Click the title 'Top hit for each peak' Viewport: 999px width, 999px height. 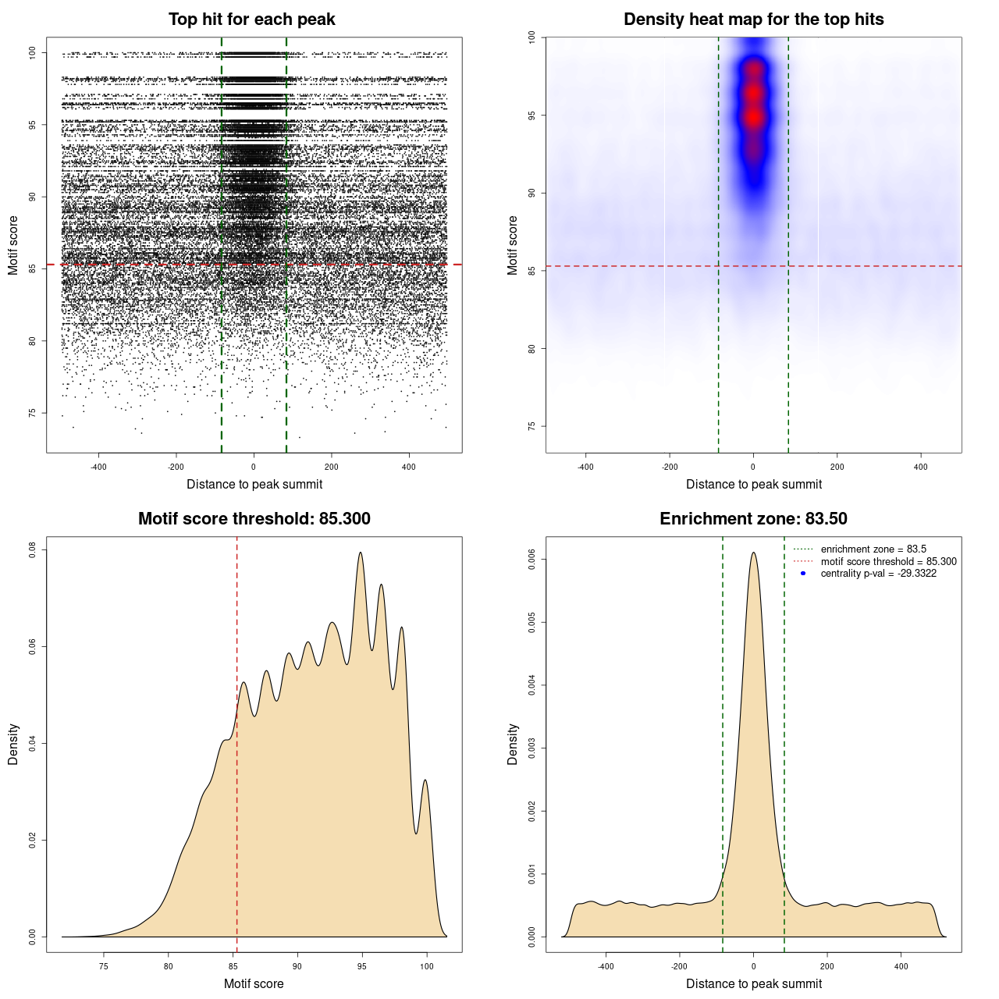pyautogui.click(x=251, y=20)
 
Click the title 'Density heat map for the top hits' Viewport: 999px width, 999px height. pyautogui.click(x=753, y=20)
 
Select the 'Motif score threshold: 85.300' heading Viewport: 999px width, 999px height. pyautogui.click(x=254, y=519)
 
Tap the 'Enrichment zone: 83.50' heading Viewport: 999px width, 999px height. pyautogui.click(x=753, y=519)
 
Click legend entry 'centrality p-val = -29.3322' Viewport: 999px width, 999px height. pyautogui.click(x=878, y=574)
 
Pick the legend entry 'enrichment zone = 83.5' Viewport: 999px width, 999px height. pyautogui.click(x=873, y=549)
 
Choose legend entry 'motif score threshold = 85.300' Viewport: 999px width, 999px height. pyautogui.click(x=888, y=562)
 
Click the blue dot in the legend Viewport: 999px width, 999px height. pyautogui.click(x=803, y=574)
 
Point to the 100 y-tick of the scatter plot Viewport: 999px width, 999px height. pyautogui.click(x=33, y=53)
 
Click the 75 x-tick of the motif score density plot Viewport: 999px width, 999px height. pyautogui.click(x=104, y=966)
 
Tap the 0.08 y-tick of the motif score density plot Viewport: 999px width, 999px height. pyautogui.click(x=33, y=550)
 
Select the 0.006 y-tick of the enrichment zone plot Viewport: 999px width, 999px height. pyautogui.click(x=532, y=559)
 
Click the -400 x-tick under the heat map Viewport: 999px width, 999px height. pyautogui.click(x=585, y=467)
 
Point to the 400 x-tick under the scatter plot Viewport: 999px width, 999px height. pyautogui.click(x=409, y=467)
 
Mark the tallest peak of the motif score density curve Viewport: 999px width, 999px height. pyautogui.click(x=361, y=553)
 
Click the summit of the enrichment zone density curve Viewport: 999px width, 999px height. pyautogui.click(x=753, y=553)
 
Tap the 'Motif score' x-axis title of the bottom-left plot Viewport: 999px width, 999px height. pyautogui.click(x=254, y=983)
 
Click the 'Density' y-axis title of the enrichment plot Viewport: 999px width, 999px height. pyautogui.click(x=513, y=744)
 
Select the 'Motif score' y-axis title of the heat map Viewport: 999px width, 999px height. pyautogui.click(x=513, y=245)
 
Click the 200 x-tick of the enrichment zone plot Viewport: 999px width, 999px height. pyautogui.click(x=827, y=966)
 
